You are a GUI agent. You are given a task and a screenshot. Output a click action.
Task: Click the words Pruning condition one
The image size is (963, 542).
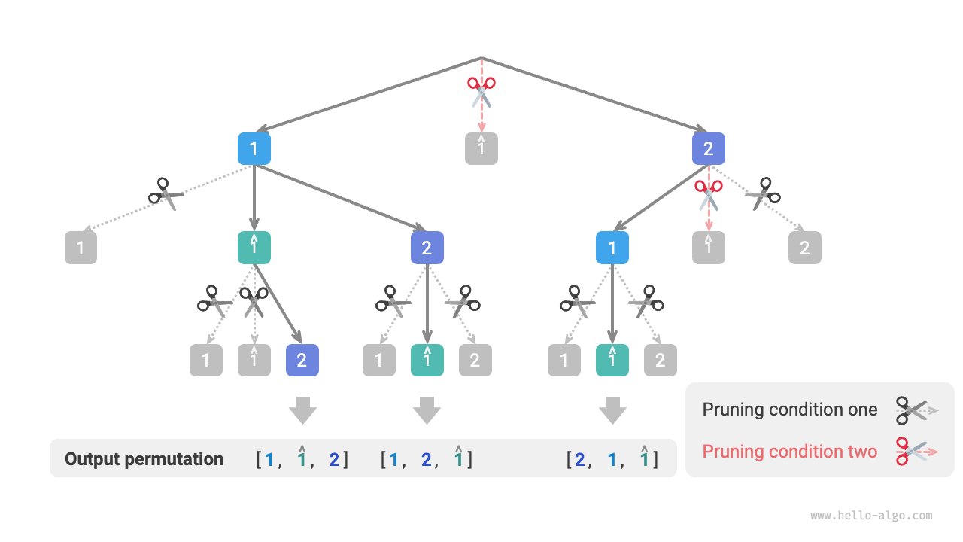pyautogui.click(x=789, y=410)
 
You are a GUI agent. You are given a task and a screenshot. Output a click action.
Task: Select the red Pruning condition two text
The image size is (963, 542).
pyautogui.click(x=789, y=452)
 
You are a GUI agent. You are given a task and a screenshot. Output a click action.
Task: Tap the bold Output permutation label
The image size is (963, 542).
pyautogui.click(x=144, y=459)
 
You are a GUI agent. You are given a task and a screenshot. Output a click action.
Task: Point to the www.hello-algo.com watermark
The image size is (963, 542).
pyautogui.click(x=871, y=516)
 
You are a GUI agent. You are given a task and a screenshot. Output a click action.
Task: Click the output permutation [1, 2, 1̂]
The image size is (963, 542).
pyautogui.click(x=427, y=459)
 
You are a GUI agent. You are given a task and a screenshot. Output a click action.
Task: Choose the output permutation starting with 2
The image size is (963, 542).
pyautogui.click(x=612, y=459)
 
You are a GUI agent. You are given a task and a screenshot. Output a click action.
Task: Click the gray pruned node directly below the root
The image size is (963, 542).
pyautogui.click(x=481, y=148)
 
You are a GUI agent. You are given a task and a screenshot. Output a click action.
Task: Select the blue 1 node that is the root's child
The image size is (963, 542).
pyautogui.click(x=254, y=149)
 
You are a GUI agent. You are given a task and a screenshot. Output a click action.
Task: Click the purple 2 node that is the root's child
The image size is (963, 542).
pyautogui.click(x=708, y=149)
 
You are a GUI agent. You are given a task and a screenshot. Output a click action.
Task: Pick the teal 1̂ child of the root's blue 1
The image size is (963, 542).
pyautogui.click(x=254, y=248)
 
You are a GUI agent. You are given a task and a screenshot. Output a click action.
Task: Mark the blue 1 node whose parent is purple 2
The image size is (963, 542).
pyautogui.click(x=612, y=248)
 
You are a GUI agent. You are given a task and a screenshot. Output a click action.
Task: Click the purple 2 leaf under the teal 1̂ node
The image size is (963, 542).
pyautogui.click(x=302, y=361)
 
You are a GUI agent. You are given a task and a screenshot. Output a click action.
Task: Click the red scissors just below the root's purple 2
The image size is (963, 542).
pyautogui.click(x=708, y=193)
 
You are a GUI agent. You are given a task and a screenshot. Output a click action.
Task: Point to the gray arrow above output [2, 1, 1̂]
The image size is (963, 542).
pyautogui.click(x=612, y=411)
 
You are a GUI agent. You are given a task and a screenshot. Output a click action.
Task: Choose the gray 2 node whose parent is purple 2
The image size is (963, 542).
pyautogui.click(x=805, y=248)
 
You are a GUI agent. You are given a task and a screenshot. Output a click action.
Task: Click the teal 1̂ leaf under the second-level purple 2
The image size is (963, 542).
pyautogui.click(x=427, y=361)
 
